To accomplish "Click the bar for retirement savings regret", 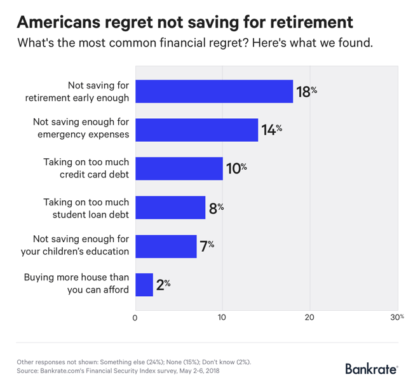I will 214,91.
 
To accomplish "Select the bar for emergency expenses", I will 197,130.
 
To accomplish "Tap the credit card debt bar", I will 179,168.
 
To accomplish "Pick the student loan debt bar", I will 170,207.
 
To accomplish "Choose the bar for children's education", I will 166,246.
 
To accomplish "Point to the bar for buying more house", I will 144,285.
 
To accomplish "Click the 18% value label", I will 306,92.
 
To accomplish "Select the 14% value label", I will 271,130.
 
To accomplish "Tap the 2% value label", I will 163,285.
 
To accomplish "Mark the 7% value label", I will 207,246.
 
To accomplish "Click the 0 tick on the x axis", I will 135,317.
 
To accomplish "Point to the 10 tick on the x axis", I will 222,317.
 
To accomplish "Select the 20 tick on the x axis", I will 310,317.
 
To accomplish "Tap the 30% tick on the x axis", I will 396,317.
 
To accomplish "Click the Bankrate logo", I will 372,369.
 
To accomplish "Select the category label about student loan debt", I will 86,207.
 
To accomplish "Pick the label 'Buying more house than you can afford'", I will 76,285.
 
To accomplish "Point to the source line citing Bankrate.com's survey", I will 118,371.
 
